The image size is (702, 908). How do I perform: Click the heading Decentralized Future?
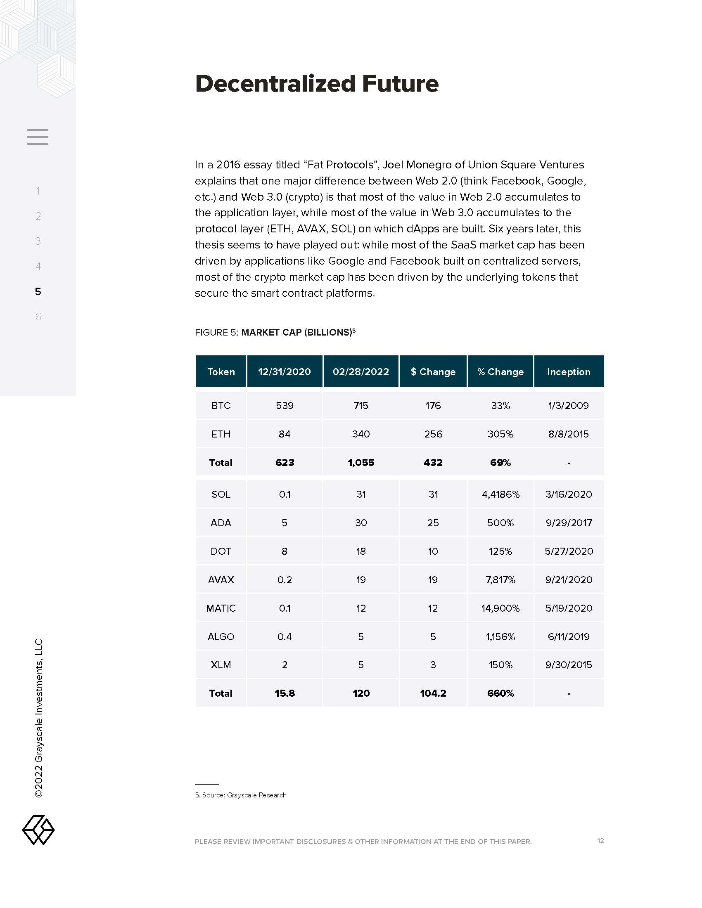click(316, 83)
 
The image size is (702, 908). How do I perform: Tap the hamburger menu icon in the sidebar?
click(38, 137)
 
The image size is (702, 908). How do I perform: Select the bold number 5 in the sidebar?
click(38, 291)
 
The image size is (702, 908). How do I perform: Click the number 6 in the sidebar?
click(38, 317)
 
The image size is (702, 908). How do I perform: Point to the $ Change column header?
click(433, 372)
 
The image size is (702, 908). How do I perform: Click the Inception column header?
click(569, 372)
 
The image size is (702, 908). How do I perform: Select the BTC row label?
click(221, 406)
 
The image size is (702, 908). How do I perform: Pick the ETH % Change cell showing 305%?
click(500, 434)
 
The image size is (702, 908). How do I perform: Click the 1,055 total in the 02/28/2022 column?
click(361, 463)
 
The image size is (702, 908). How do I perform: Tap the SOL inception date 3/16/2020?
click(569, 494)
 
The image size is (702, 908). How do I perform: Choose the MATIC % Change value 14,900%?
click(500, 608)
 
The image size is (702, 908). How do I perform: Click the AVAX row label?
click(221, 579)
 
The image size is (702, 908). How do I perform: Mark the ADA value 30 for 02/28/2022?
click(361, 523)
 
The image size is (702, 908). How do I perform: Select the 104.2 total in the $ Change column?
click(433, 693)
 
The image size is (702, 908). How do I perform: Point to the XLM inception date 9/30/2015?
click(569, 665)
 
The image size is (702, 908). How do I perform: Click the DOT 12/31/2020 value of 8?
click(285, 551)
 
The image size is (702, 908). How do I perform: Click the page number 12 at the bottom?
click(600, 841)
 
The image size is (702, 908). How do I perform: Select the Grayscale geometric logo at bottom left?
click(38, 830)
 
